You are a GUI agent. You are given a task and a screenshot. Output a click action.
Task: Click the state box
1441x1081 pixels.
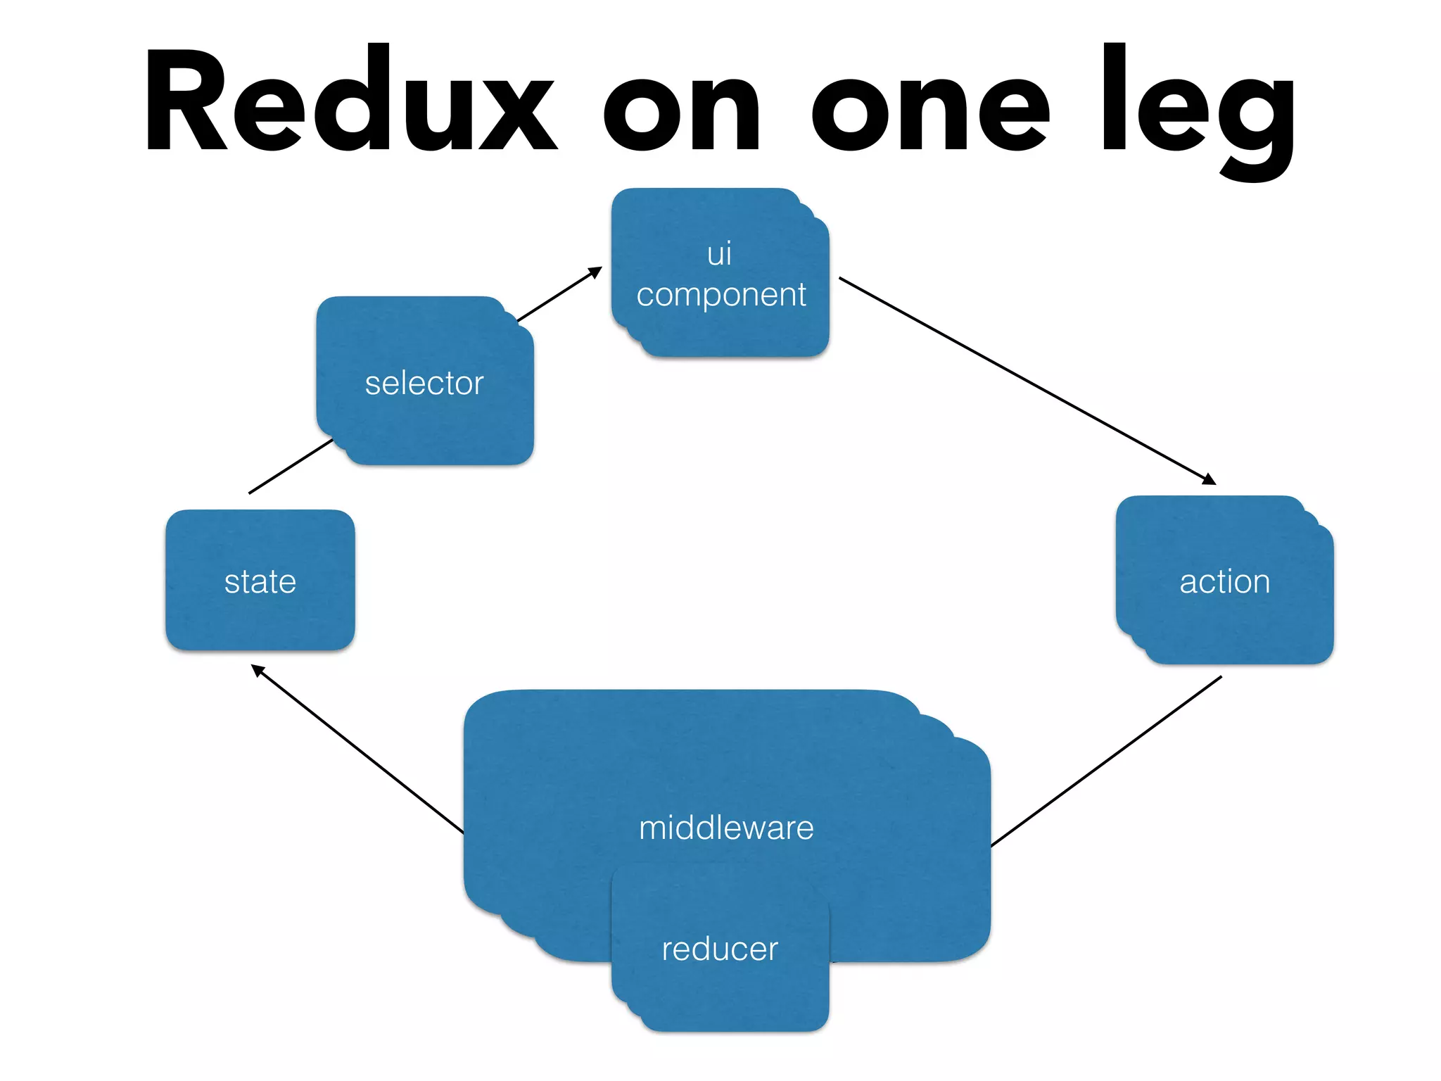[260, 581]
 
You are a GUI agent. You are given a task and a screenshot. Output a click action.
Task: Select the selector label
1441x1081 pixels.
[424, 384]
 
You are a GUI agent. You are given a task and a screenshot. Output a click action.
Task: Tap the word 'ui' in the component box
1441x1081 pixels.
[719, 253]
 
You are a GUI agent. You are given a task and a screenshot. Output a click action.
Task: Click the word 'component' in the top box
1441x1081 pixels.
[720, 295]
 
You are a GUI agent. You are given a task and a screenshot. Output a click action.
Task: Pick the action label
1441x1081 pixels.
[1224, 582]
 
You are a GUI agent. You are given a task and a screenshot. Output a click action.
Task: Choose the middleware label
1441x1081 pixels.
[726, 828]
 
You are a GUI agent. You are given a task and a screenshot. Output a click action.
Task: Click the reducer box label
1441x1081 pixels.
[720, 949]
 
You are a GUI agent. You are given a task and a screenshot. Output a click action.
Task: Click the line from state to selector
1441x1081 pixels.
[290, 467]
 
